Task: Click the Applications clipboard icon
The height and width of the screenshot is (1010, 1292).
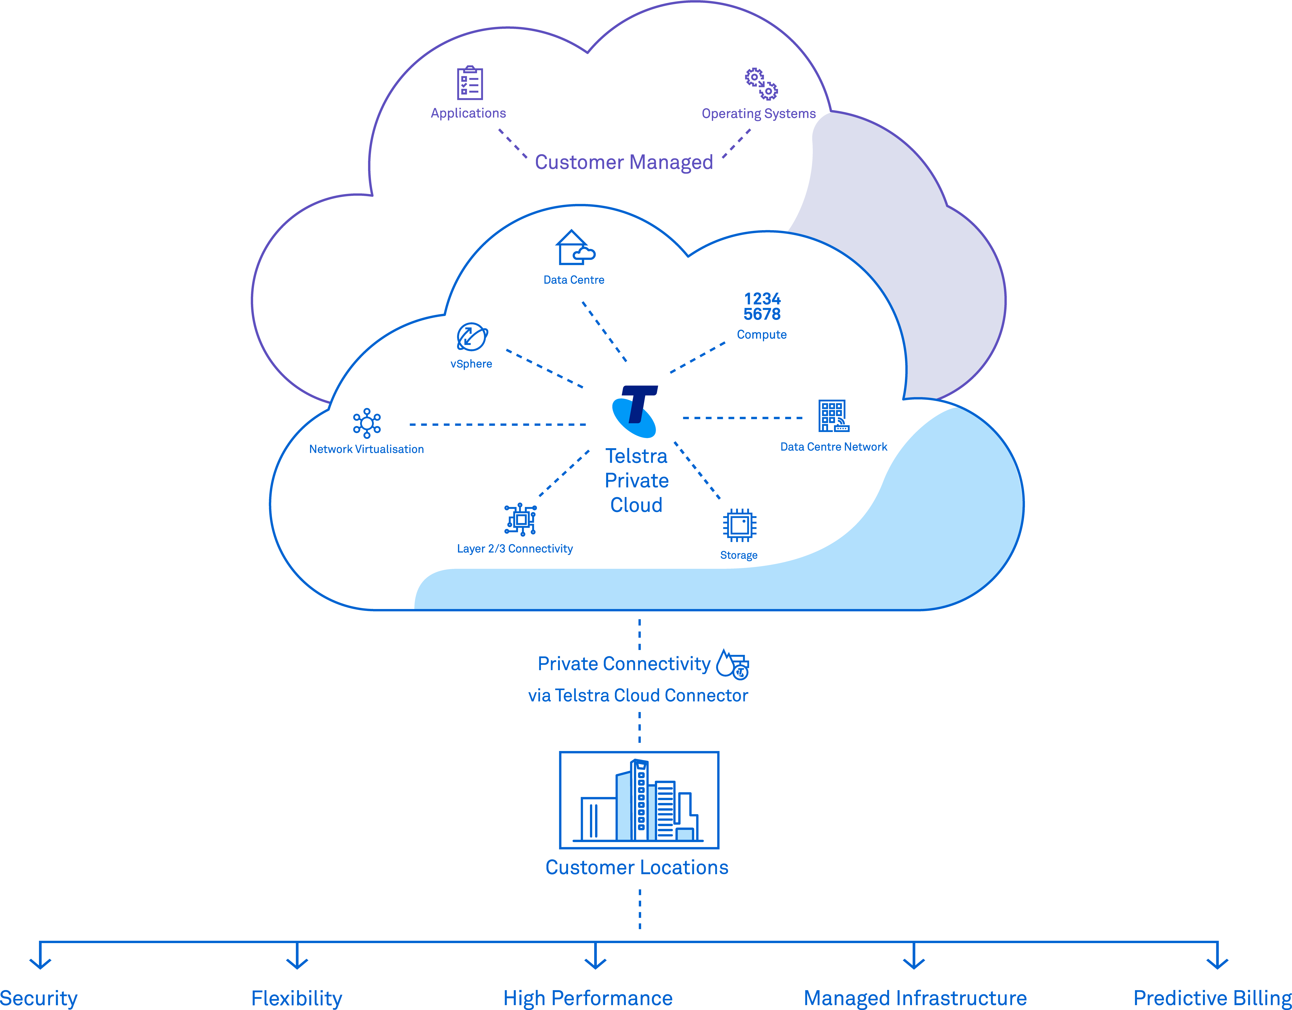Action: point(470,83)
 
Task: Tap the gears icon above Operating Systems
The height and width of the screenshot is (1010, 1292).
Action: point(761,84)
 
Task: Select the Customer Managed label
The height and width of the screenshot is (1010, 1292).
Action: point(623,162)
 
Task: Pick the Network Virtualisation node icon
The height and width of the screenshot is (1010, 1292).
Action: point(367,423)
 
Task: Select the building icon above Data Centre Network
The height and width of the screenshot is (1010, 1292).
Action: point(833,416)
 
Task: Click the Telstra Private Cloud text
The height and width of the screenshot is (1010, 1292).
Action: point(636,481)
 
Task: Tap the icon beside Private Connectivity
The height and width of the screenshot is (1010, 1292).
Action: point(732,664)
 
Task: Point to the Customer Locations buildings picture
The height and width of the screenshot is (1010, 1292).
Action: point(639,800)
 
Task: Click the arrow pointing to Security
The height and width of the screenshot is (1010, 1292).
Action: point(40,957)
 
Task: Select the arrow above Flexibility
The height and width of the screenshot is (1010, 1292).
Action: point(297,957)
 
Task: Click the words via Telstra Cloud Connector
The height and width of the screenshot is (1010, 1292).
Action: point(638,695)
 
